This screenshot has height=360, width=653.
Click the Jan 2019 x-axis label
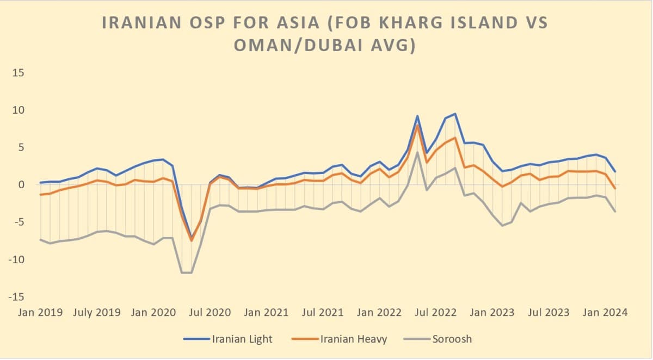pos(41,313)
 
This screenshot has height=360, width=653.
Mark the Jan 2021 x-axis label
pos(267,313)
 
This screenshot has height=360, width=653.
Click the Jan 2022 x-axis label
pos(379,313)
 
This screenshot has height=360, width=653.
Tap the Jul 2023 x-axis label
pos(550,313)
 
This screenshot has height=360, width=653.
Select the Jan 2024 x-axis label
pos(605,313)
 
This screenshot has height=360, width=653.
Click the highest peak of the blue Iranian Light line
pos(455,114)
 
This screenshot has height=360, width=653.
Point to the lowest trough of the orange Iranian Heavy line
pos(192,240)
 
